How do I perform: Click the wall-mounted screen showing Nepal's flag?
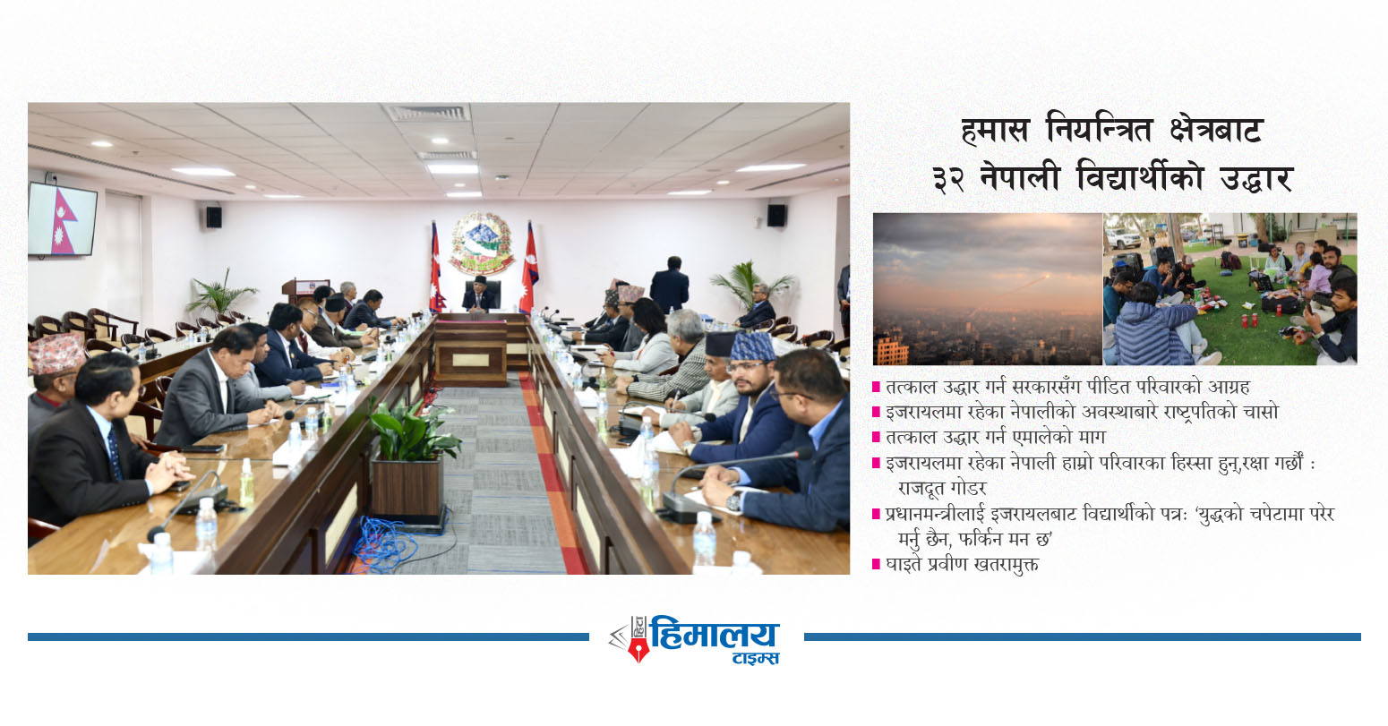pos(62,218)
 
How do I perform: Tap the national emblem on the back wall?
pos(482,243)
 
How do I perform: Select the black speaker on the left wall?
pos(214,217)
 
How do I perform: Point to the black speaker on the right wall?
pos(776,215)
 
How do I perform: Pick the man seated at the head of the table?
pos(479,295)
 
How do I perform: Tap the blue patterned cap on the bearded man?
pos(752,346)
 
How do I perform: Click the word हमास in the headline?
pos(995,131)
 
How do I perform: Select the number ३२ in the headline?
pos(948,178)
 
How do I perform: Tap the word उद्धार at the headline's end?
pos(1256,178)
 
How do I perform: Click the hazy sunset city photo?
pos(988,288)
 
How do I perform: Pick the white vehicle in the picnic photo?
pos(1122,238)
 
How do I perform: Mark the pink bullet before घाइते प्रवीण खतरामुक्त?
pos(876,564)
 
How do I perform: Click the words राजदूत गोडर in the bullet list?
pos(942,489)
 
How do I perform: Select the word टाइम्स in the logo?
pos(756,659)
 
